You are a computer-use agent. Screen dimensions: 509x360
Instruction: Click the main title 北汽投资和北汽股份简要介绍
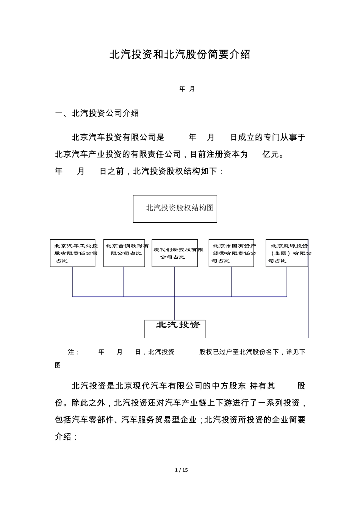click(180, 55)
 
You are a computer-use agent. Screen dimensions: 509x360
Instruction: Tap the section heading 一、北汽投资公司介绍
click(97, 113)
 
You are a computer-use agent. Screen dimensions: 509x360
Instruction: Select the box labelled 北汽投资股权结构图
click(175, 209)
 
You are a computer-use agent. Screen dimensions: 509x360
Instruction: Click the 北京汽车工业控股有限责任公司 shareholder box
click(73, 253)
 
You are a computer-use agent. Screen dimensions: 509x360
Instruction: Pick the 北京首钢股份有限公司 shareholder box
click(124, 253)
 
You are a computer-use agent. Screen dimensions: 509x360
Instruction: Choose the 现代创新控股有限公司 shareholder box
click(175, 253)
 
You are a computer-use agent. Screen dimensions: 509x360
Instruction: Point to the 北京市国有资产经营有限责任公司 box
click(231, 253)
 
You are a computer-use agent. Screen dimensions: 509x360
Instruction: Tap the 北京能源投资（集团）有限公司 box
click(286, 253)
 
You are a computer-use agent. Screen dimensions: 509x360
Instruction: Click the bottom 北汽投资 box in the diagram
click(175, 328)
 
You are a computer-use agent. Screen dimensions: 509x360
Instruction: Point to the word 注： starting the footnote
click(74, 352)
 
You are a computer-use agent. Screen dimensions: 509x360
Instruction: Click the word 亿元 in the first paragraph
click(272, 154)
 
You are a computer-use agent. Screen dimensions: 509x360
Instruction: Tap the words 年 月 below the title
click(187, 89)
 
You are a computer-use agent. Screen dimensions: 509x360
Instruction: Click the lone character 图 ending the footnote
click(58, 365)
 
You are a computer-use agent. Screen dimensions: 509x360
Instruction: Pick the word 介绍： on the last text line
click(66, 436)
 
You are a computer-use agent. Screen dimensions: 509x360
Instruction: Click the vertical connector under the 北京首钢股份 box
click(124, 281)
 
